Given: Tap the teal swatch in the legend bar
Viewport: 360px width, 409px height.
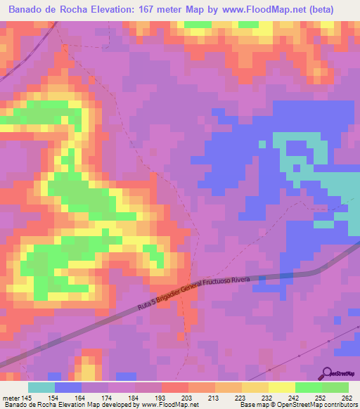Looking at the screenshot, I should [x=41, y=387].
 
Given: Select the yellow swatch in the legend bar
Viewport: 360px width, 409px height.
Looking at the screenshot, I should [x=281, y=387].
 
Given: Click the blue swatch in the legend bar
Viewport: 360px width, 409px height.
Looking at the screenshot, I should [x=68, y=387].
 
